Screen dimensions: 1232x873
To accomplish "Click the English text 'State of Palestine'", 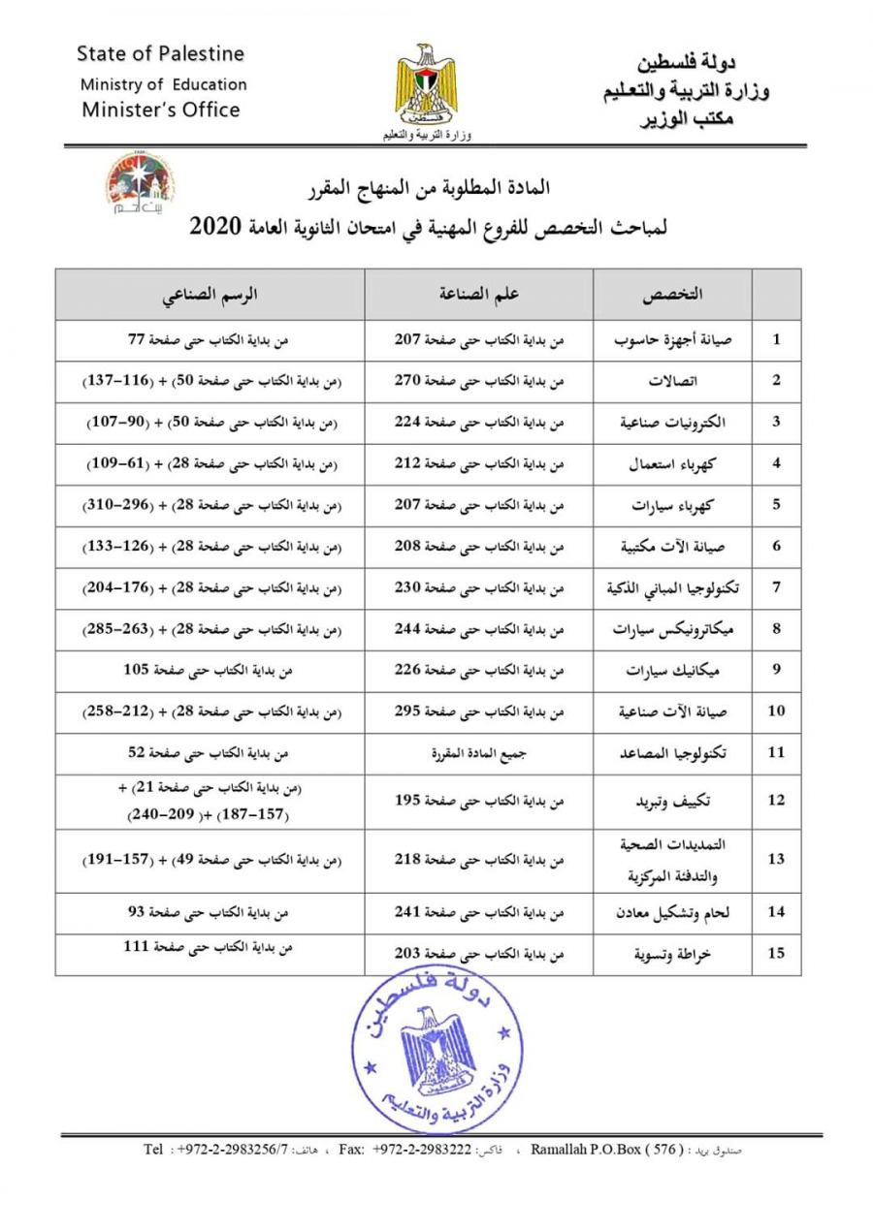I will coord(160,53).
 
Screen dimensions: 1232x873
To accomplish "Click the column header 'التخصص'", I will coord(672,294).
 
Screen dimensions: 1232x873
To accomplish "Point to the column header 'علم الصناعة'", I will coord(478,294).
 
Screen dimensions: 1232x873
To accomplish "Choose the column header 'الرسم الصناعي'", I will coord(210,294).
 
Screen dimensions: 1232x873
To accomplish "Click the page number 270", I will coord(408,381).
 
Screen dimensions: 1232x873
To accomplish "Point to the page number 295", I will coord(408,711).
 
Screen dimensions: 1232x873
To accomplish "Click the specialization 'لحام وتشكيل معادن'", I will coord(666,911).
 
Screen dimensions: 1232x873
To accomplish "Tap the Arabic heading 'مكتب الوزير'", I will coord(689,120).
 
